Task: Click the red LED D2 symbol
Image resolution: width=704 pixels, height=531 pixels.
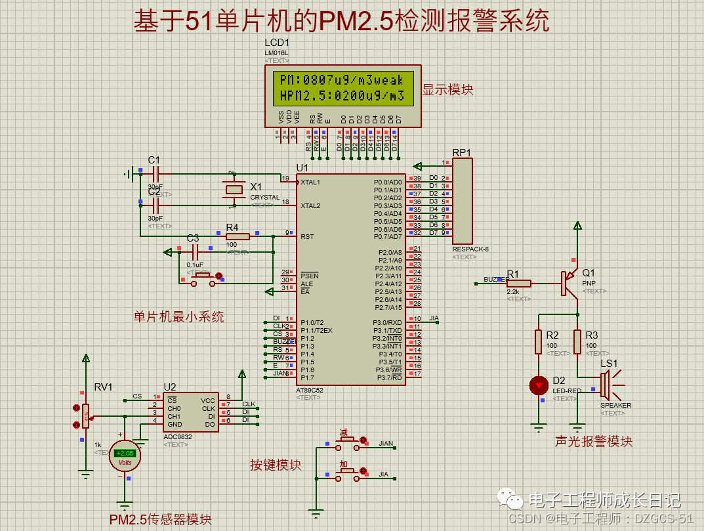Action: (539, 385)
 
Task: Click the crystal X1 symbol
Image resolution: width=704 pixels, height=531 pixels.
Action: (232, 190)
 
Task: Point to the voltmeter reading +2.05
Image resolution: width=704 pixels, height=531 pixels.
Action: (124, 454)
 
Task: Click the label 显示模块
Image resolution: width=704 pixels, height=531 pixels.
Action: (447, 90)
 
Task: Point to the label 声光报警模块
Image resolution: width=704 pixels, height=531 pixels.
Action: (594, 442)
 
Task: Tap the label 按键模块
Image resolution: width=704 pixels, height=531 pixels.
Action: (276, 465)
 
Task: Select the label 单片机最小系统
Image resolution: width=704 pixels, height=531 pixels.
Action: (178, 317)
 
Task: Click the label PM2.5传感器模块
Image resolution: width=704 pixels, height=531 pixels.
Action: (161, 519)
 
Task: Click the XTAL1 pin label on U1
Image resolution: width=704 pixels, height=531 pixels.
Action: (310, 182)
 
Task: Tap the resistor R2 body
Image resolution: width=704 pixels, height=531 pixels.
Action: (539, 341)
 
